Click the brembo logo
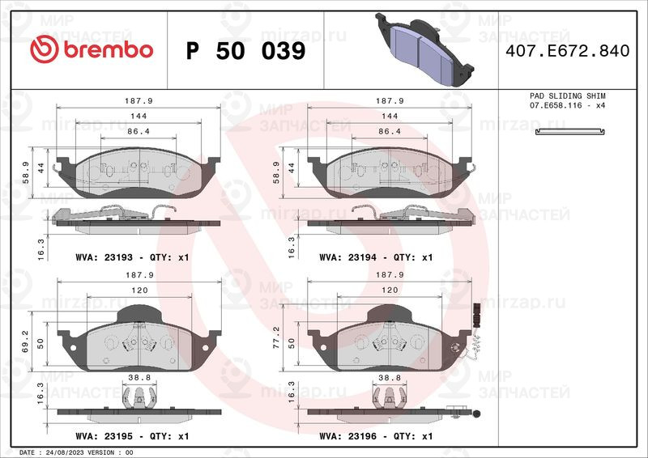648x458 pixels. coord(91,50)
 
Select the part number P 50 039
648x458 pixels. coord(245,51)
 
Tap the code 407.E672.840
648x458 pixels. coord(566,51)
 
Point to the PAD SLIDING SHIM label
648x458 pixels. coord(567,96)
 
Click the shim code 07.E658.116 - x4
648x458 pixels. coord(567,106)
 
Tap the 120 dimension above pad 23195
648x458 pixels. coord(139,289)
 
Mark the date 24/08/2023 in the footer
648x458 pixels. coord(64,452)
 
